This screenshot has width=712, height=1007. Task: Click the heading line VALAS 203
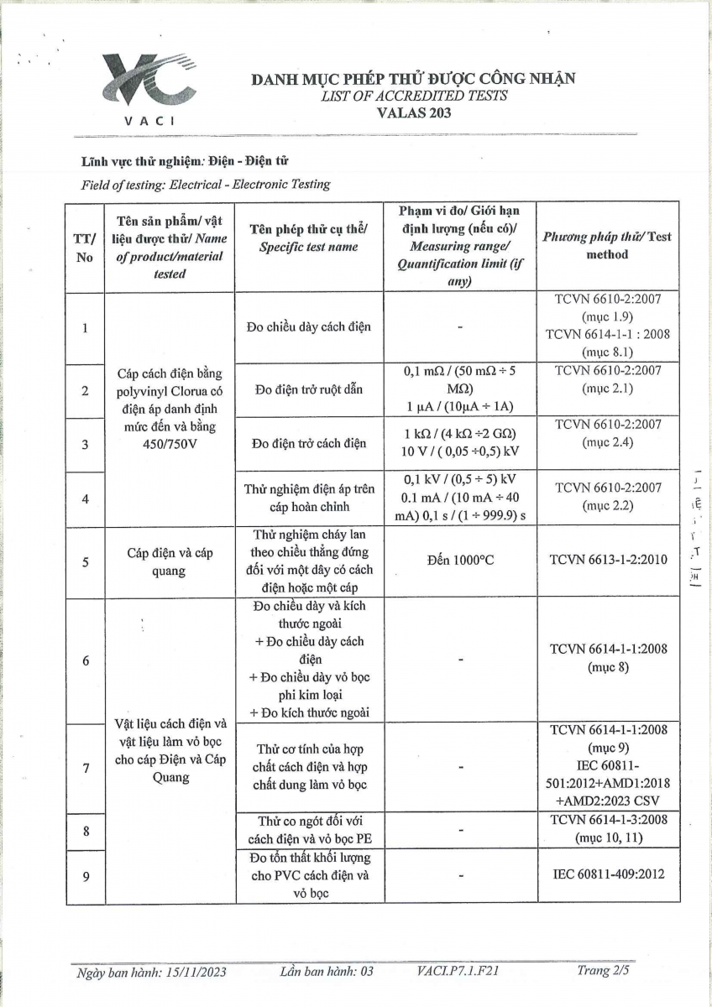pyautogui.click(x=414, y=113)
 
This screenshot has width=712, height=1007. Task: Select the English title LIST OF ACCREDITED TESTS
pyautogui.click(x=414, y=96)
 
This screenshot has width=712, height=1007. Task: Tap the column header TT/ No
pyautogui.click(x=84, y=248)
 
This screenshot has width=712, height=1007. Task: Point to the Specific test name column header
pyautogui.click(x=307, y=238)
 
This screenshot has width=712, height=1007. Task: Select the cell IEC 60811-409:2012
pyautogui.click(x=609, y=874)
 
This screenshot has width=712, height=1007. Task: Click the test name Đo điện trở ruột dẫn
pyautogui.click(x=308, y=390)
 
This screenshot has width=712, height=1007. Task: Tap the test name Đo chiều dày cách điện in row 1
pyautogui.click(x=308, y=327)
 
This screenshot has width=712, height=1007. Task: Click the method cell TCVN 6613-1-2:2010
pyautogui.click(x=609, y=561)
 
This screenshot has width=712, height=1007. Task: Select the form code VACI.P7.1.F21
pyautogui.click(x=458, y=971)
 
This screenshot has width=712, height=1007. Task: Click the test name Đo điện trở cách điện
pyautogui.click(x=308, y=443)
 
